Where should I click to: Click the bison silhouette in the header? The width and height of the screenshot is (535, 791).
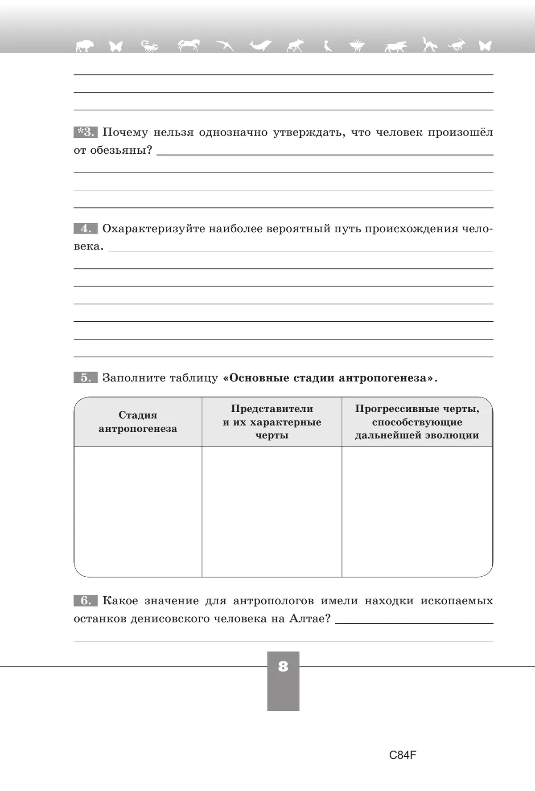[85, 45]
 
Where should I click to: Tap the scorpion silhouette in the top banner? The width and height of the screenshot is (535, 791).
[149, 45]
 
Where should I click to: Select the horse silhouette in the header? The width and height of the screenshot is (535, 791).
[189, 45]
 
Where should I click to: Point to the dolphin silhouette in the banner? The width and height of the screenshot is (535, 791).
[260, 45]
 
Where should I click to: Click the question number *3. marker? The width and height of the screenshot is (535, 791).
[85, 132]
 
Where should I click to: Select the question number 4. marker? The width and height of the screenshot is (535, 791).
[85, 229]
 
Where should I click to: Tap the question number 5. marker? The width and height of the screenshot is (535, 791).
[85, 378]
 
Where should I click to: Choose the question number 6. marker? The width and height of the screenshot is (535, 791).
[85, 601]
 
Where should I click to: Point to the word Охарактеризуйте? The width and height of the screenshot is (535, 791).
[153, 229]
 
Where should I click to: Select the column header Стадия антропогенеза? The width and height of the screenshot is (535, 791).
[138, 422]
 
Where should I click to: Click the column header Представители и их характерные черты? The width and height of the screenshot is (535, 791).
[272, 422]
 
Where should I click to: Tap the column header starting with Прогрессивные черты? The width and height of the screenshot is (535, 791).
[417, 422]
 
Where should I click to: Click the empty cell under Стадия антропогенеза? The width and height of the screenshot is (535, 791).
[138, 511]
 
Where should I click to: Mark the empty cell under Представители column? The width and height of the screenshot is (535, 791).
[272, 511]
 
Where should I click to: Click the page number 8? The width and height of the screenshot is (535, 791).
[283, 667]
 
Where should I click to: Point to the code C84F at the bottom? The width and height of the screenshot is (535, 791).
[403, 755]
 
